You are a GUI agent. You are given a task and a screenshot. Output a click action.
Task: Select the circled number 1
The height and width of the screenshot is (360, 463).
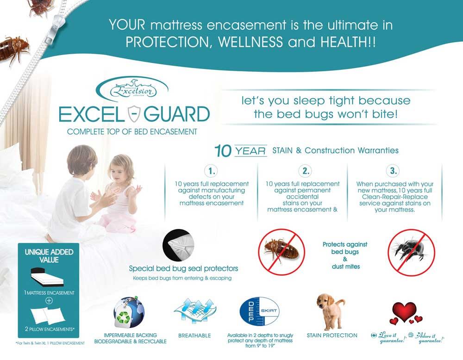pyautogui.click(x=212, y=171)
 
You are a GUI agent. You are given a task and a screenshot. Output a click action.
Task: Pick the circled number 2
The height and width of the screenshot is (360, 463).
pyautogui.click(x=306, y=171)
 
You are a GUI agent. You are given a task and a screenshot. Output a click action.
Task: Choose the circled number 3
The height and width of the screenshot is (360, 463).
pyautogui.click(x=394, y=171)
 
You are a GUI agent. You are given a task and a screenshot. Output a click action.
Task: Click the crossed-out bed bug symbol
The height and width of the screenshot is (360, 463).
pyautogui.click(x=282, y=251)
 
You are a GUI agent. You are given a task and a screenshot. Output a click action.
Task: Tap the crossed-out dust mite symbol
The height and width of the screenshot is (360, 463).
pyautogui.click(x=411, y=251)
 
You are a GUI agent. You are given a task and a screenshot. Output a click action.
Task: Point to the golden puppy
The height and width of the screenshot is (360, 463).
pyautogui.click(x=332, y=309)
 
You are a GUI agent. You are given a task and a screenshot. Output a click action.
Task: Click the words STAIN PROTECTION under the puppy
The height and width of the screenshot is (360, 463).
pyautogui.click(x=332, y=335)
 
